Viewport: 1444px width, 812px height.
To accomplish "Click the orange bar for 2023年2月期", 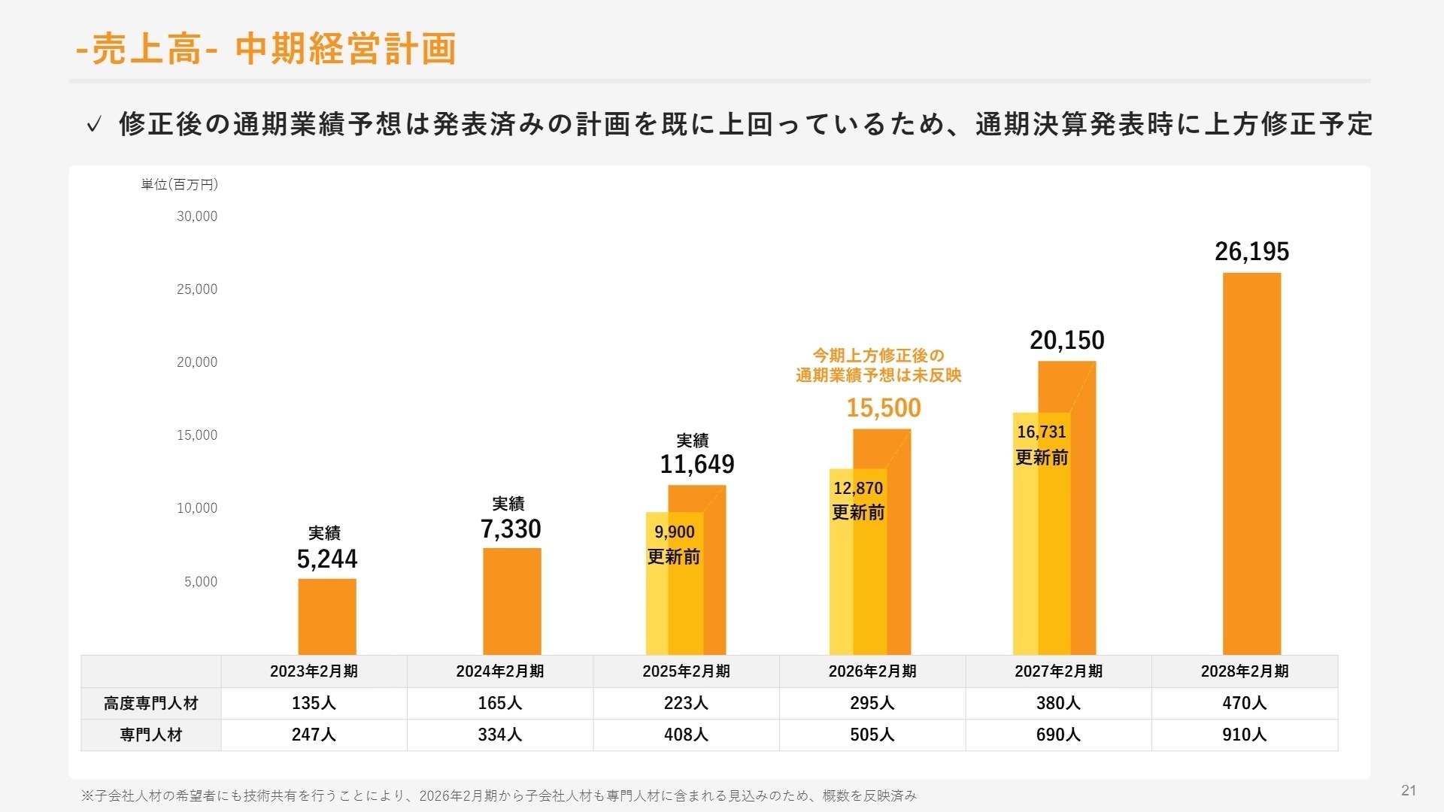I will [x=327, y=617].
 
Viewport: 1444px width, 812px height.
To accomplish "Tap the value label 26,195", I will [x=1251, y=252].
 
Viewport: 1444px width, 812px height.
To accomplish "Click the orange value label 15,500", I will [x=884, y=408].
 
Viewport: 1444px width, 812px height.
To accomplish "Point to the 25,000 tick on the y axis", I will [x=197, y=289].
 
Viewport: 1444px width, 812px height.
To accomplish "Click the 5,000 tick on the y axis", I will [x=201, y=582].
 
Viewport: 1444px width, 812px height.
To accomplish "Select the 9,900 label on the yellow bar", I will [x=675, y=532].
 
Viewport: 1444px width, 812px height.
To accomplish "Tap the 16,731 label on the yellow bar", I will [x=1042, y=432].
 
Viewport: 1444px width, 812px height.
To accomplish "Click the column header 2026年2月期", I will [x=872, y=671].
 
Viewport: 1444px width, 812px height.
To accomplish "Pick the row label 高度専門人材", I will [x=151, y=704].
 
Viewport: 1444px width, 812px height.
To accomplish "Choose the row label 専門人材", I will [x=151, y=735].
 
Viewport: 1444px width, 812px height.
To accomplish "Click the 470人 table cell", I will [x=1245, y=704].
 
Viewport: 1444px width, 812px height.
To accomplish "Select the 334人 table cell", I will [x=500, y=735].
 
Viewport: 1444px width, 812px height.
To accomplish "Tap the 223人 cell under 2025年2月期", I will [x=686, y=704].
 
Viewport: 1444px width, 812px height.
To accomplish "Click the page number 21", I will [x=1409, y=790].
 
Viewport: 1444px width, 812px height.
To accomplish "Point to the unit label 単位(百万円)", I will [x=180, y=185].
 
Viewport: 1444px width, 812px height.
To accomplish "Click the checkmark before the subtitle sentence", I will [x=93, y=125].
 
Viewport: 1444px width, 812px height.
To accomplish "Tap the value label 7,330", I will [x=511, y=529].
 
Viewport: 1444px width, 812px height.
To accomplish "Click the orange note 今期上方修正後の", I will [x=878, y=356].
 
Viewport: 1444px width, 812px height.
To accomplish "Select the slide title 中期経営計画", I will [x=345, y=50].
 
